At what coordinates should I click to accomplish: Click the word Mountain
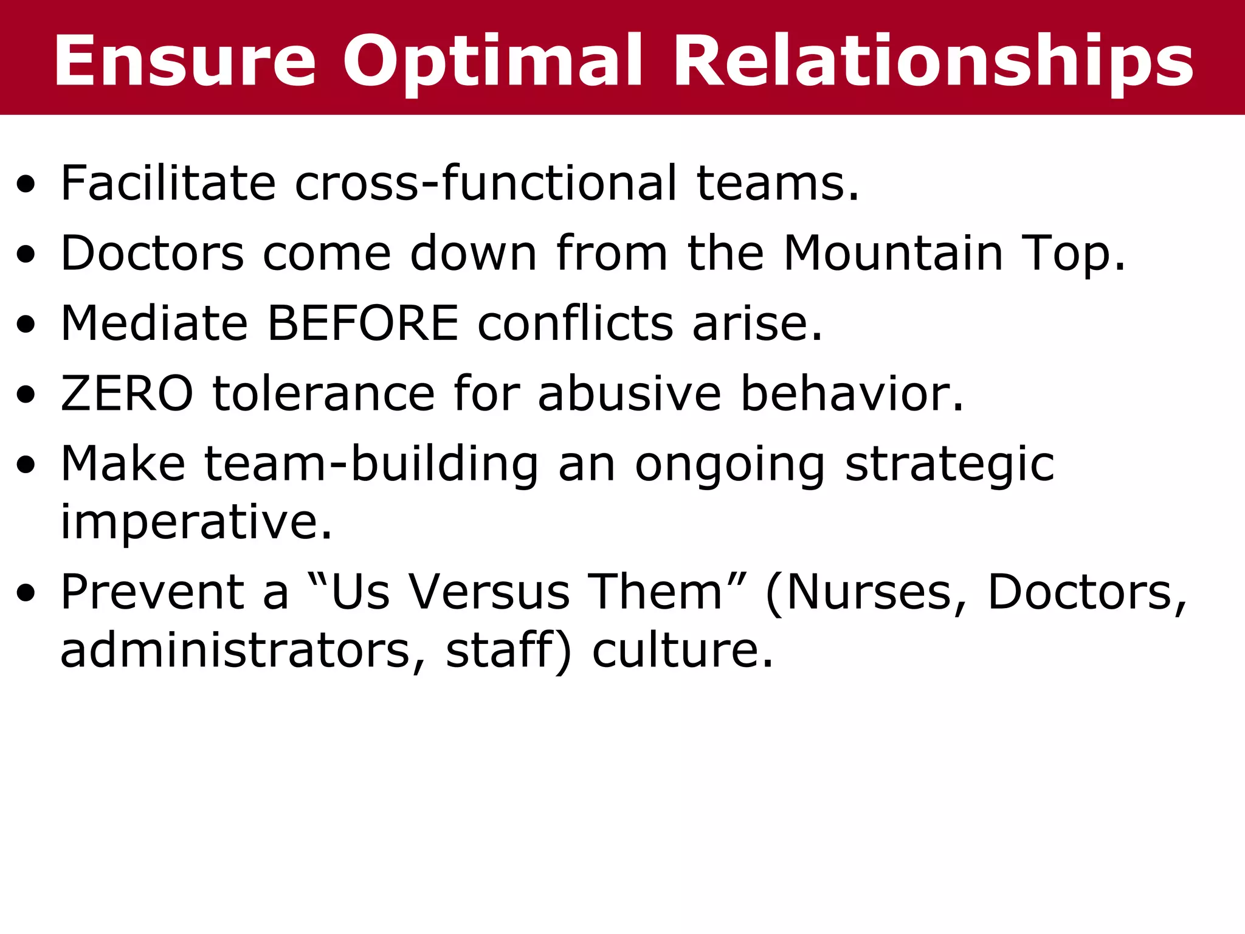point(893,253)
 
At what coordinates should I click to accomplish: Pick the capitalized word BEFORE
point(363,323)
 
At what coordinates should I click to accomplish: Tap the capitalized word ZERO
point(127,393)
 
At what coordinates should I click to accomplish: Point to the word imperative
point(196,522)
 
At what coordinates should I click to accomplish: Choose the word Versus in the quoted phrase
point(489,592)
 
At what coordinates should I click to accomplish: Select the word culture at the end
point(682,650)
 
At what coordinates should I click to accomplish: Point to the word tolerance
point(323,393)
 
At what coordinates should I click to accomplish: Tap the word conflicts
point(575,323)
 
